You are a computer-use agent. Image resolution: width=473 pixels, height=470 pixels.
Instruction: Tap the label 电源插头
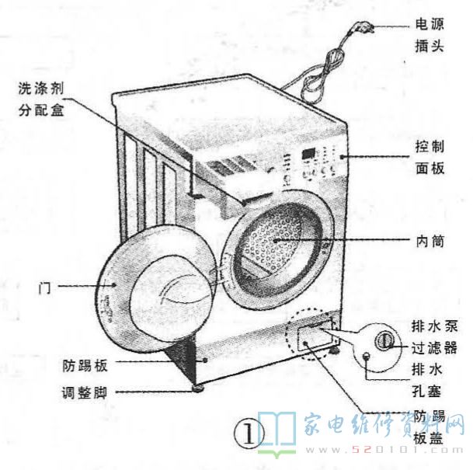(430, 35)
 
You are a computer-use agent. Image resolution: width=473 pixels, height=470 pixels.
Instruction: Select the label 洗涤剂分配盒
(41, 99)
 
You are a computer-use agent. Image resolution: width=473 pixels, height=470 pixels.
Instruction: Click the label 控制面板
(430, 158)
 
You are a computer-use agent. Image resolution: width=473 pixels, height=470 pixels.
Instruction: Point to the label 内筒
(430, 242)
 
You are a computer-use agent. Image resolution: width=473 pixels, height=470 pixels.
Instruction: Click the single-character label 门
(44, 288)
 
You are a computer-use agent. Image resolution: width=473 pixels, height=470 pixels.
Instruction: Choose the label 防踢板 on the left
(85, 365)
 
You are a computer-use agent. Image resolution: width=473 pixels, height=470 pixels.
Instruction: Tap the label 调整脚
(85, 393)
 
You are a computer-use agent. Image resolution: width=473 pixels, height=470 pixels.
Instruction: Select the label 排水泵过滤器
(434, 338)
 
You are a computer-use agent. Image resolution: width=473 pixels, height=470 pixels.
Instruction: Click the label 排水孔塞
(427, 381)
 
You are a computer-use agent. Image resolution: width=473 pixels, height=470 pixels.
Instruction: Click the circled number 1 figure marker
(249, 435)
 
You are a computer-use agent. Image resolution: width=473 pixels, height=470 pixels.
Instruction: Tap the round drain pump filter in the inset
(384, 340)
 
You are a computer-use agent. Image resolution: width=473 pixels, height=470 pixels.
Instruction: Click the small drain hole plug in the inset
(367, 357)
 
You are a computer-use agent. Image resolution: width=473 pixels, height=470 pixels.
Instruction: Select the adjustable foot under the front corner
(198, 388)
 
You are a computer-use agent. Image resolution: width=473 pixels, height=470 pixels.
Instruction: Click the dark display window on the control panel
(308, 153)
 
